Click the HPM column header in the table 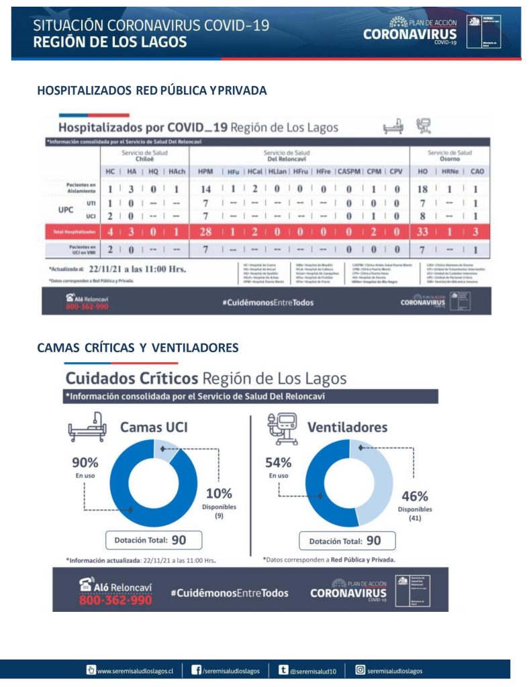(205, 172)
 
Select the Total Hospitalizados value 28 (205, 231)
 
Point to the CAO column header (477, 172)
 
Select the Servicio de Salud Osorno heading (450, 156)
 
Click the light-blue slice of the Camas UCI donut (166, 449)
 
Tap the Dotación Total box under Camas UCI (154, 539)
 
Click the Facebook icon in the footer (197, 670)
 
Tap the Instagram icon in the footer (360, 670)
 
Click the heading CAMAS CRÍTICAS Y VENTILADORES (138, 348)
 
